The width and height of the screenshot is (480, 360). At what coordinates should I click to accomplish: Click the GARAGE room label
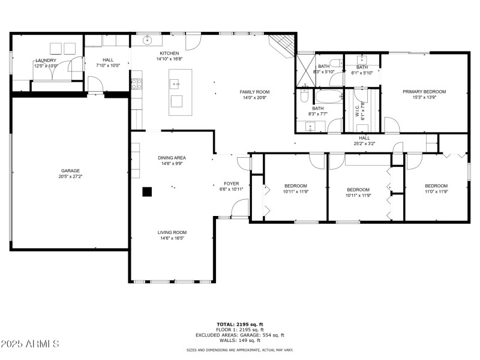pos(70,170)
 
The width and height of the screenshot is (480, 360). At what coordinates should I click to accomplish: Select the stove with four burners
pos(137,83)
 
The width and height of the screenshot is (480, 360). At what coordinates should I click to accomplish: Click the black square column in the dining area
pos(147,191)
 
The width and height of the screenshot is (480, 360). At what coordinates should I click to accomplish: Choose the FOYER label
pos(232,184)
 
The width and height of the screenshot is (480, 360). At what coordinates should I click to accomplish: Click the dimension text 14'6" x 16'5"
pos(172,238)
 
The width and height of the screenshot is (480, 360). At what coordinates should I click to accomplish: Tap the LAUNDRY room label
pos(46,60)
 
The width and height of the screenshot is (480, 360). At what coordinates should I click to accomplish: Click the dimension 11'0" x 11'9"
pos(436,191)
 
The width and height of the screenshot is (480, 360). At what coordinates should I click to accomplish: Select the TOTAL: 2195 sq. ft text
pos(239,324)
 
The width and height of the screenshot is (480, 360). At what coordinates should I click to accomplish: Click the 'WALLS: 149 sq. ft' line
pos(239,340)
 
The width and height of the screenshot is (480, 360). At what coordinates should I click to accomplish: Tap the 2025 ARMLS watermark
pos(30,344)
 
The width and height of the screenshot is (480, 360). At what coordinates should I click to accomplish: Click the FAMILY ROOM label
pos(254,92)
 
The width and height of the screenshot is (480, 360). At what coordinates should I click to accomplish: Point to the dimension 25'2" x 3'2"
pos(364,144)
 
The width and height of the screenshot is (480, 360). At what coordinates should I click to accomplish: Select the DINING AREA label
pos(172,158)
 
